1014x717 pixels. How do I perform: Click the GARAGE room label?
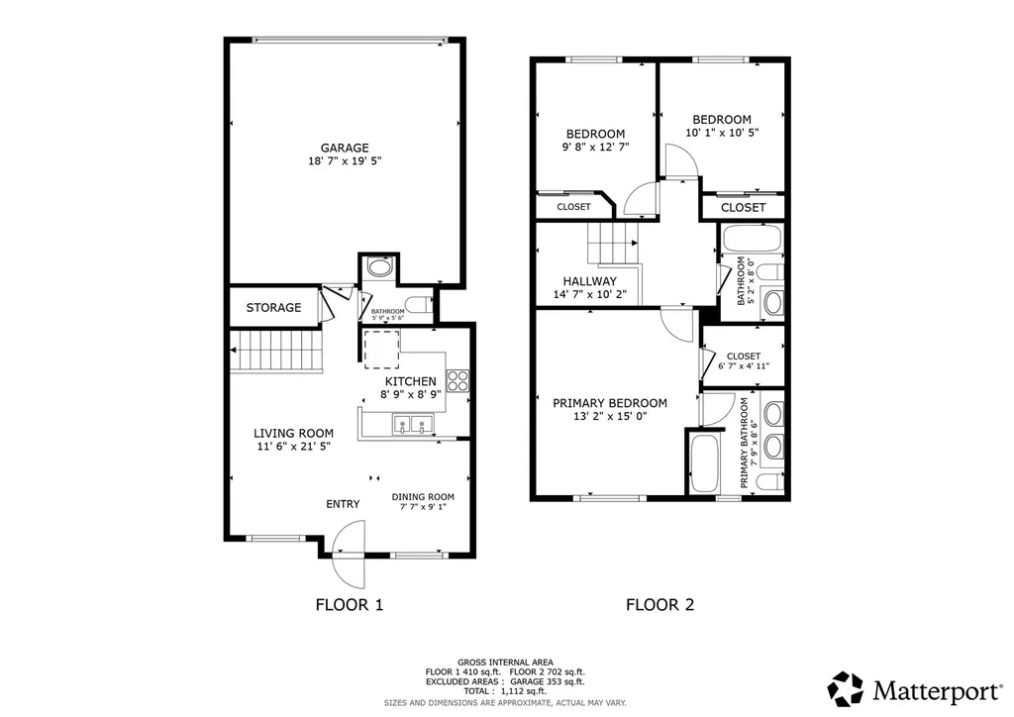[345, 149]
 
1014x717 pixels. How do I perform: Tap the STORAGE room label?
[273, 307]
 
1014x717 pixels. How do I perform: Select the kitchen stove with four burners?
[458, 381]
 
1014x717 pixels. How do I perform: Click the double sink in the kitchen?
[413, 425]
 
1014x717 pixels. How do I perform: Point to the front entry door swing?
[348, 555]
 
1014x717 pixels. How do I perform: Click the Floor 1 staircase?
[276, 351]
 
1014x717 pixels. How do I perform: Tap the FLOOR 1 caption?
[350, 605]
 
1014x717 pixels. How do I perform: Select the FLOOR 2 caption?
[659, 605]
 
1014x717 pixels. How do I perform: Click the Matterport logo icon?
[846, 688]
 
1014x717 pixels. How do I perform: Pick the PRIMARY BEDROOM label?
[610, 403]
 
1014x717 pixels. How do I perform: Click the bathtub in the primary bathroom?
[704, 463]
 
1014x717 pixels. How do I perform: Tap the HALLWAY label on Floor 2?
[590, 281]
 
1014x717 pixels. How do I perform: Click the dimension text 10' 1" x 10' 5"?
[722, 133]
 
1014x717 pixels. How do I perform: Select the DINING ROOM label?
[423, 496]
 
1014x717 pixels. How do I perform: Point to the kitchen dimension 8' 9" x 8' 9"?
[411, 394]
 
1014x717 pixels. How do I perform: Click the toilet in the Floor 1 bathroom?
[419, 304]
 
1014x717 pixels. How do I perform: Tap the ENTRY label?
[343, 504]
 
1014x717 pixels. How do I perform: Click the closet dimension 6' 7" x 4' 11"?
[744, 366]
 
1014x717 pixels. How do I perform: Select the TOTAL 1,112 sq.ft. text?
[504, 691]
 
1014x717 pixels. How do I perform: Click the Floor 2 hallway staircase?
[612, 243]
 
